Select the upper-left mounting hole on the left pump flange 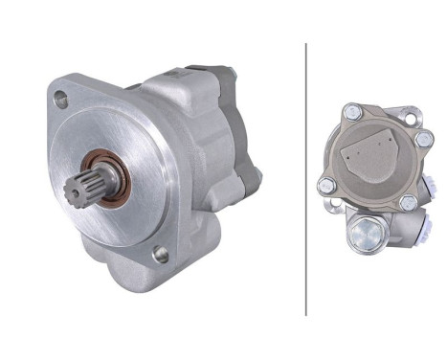62,97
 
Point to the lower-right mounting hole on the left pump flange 162,254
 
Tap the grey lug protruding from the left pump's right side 252,177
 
